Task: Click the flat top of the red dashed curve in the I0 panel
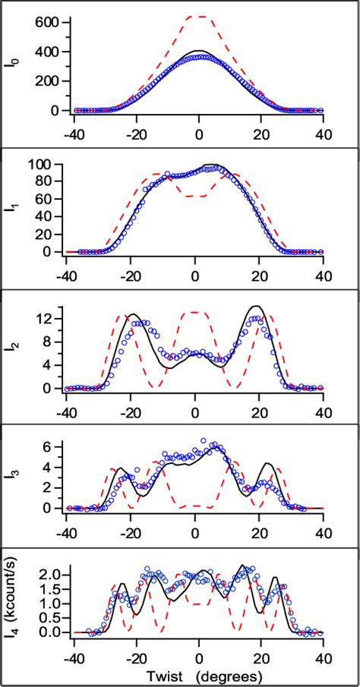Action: [198, 17]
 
